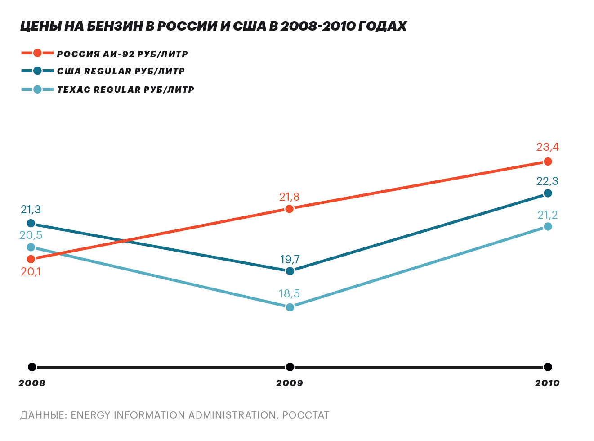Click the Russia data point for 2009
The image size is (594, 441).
pyautogui.click(x=290, y=209)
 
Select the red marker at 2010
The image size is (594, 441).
pyautogui.click(x=548, y=162)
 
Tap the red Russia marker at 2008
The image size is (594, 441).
pyautogui.click(x=31, y=259)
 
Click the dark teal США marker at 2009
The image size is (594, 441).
pyautogui.click(x=290, y=271)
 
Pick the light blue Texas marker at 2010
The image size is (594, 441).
pyautogui.click(x=548, y=226)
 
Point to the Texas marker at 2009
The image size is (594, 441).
pyautogui.click(x=290, y=307)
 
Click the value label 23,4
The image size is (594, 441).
pyautogui.click(x=547, y=147)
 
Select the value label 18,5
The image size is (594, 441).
pyautogui.click(x=289, y=294)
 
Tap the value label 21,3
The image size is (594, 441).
pyautogui.click(x=31, y=210)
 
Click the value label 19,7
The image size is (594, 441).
pyautogui.click(x=290, y=260)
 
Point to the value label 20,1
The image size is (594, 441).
pyautogui.click(x=31, y=272)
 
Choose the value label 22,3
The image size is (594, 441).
pyautogui.click(x=547, y=181)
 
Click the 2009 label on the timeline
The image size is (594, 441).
pyautogui.click(x=290, y=383)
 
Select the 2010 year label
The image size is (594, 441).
pyautogui.click(x=547, y=383)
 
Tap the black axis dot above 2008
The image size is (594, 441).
pyautogui.click(x=32, y=367)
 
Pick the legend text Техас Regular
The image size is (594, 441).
pyautogui.click(x=125, y=90)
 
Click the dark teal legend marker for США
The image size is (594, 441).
pyautogui.click(x=37, y=71)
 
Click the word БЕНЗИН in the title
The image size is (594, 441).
pyautogui.click(x=115, y=26)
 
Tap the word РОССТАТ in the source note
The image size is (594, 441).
pyautogui.click(x=306, y=415)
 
